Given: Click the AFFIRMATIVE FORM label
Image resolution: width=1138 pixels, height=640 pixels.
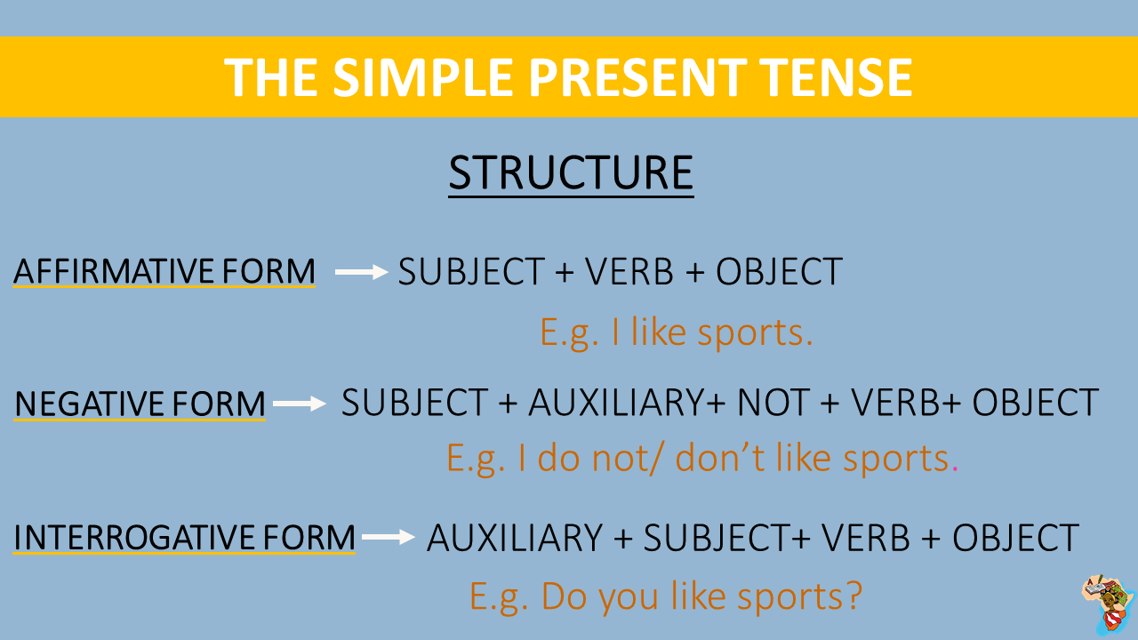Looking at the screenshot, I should point(164,271).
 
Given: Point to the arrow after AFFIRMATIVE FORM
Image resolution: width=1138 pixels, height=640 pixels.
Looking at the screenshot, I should point(362,273).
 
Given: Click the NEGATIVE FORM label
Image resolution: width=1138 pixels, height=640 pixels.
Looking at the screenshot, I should point(140,404).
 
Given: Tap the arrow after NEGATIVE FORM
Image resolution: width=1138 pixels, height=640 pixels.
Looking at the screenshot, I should point(300,404).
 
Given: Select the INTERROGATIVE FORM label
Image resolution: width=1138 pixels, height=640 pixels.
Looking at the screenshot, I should point(184,538).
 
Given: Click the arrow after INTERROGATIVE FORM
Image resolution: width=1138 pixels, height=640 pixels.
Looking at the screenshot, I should point(389,537).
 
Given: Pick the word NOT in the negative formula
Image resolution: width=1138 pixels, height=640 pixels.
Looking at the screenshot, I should point(772,404).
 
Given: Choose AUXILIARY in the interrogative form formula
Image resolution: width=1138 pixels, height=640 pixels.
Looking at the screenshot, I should point(515,538).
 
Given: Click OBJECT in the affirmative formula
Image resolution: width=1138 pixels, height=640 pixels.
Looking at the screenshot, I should point(779,272).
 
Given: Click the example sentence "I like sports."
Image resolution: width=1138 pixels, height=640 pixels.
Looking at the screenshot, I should point(677,332).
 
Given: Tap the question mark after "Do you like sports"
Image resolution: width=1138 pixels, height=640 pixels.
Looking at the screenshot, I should point(852,596).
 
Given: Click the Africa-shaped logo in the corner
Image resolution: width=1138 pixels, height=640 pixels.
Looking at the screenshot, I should point(1107,604).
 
